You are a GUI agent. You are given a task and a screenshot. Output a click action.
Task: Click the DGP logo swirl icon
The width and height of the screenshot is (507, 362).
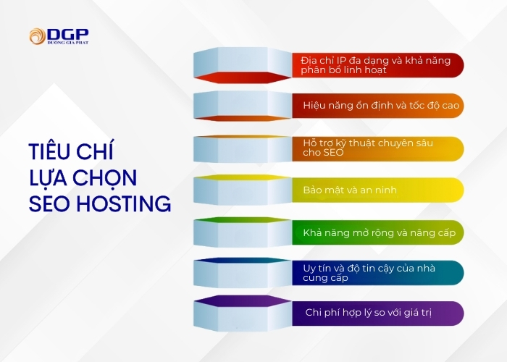[x=37, y=36]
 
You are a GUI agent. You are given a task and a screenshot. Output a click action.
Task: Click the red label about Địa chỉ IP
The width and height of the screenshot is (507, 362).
[x=377, y=64]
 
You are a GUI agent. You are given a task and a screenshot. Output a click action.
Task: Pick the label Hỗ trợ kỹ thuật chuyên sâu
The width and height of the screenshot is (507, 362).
[x=377, y=148]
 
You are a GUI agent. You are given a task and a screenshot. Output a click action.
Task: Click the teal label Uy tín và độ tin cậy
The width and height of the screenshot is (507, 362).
[x=377, y=273]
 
